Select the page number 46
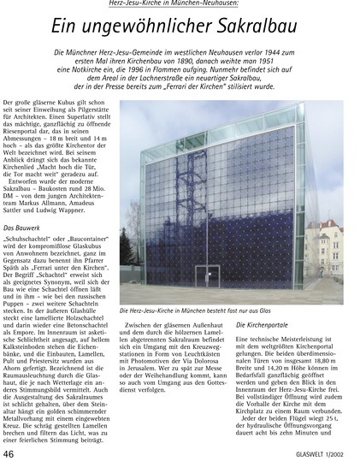point(12,452)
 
